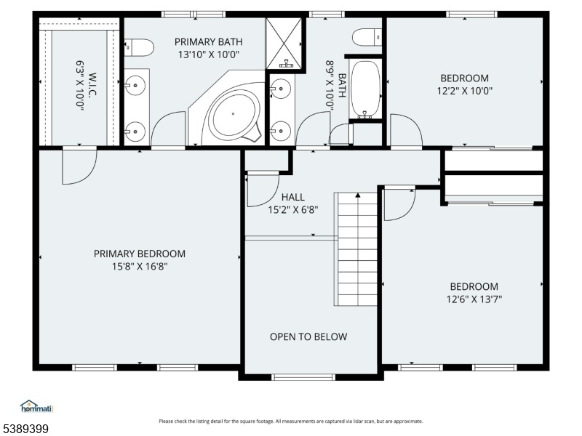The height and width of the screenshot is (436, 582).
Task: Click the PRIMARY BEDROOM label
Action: coord(140,254)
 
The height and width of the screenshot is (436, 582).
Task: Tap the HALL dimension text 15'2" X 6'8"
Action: coord(293,210)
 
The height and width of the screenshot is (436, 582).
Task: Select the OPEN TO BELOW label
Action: coord(308,336)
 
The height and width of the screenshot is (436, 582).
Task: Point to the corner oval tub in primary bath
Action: coord(234,114)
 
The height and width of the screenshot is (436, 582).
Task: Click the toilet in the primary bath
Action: coord(138,48)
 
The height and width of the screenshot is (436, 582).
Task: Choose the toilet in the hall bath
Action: coord(367,38)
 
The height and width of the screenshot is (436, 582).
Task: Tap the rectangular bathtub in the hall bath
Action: coord(366,89)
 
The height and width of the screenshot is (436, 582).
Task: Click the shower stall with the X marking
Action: coord(284,44)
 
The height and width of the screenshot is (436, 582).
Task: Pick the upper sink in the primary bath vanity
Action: coord(135,85)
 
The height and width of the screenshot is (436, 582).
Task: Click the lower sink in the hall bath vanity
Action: coord(280,131)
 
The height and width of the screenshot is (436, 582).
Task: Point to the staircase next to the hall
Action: coord(356,249)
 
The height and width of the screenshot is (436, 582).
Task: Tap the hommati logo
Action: coord(37,407)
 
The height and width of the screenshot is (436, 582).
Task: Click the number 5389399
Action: coord(25,429)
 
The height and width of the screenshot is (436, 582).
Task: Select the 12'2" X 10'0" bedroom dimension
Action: coord(465,91)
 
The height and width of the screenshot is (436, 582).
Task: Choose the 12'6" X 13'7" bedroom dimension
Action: coord(474,299)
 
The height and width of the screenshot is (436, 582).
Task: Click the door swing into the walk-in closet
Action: coord(79,166)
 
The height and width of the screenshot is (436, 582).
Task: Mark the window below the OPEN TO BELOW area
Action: coord(303,377)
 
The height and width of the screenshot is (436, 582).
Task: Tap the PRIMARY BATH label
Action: coord(209,42)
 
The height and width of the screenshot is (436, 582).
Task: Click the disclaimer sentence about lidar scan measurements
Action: coord(291,421)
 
